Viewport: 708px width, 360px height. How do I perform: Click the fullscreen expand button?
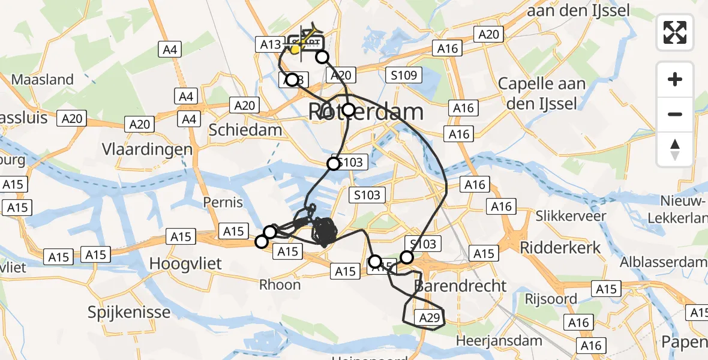(x=675, y=32)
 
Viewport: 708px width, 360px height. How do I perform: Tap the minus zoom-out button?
(x=675, y=114)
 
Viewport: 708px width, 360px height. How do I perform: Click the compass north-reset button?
(x=675, y=149)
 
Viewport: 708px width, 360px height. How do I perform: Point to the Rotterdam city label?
(x=366, y=112)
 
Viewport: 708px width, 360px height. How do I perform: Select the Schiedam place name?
(x=245, y=130)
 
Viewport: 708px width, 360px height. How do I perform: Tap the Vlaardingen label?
(x=147, y=149)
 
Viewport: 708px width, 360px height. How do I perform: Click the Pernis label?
(x=223, y=202)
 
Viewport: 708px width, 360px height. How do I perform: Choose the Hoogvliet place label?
(x=185, y=263)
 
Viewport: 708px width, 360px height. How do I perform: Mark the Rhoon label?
(x=280, y=285)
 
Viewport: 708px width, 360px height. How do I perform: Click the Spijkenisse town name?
(x=129, y=312)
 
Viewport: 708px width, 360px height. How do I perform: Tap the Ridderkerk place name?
(x=553, y=247)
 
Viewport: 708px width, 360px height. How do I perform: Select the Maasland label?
(x=43, y=80)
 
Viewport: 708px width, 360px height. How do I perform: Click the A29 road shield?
(x=430, y=319)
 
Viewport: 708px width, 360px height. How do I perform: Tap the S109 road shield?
(x=404, y=76)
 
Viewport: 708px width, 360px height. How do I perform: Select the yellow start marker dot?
(x=295, y=49)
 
